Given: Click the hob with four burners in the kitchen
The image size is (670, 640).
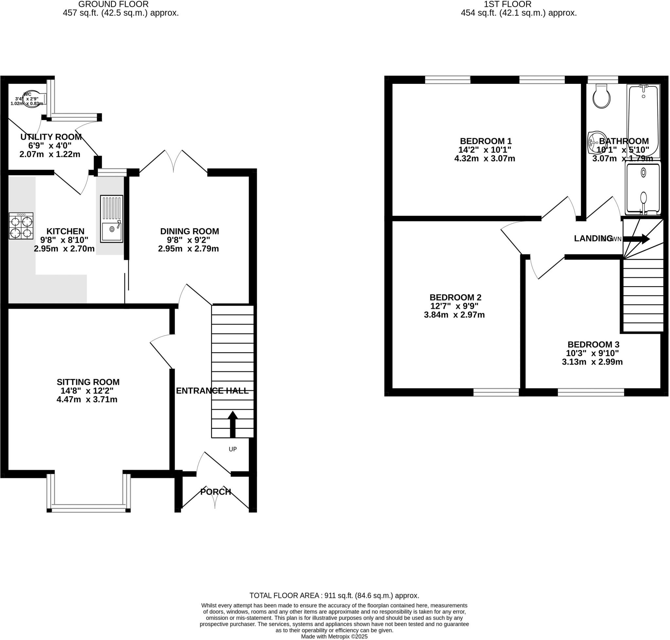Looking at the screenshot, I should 21,226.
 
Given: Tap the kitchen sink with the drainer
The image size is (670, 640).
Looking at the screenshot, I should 111,219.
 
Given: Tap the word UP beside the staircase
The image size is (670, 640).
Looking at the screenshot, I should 233,449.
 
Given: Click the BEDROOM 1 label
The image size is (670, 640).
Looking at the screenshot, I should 485,141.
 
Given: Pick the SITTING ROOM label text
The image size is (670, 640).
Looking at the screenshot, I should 88,382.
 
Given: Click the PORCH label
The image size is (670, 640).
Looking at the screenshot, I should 216,492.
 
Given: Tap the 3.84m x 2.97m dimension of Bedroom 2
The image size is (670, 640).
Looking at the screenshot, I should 454,315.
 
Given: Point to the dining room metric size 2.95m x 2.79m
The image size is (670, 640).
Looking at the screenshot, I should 188,249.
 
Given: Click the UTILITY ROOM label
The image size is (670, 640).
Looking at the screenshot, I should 51,137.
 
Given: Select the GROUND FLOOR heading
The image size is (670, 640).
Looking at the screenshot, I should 113,5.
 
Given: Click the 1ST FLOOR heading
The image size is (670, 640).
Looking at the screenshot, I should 507,5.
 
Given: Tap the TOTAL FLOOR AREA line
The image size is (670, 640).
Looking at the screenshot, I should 334,595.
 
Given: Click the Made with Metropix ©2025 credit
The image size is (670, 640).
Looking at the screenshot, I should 334,637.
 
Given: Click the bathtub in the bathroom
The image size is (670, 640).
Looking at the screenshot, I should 643,121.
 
